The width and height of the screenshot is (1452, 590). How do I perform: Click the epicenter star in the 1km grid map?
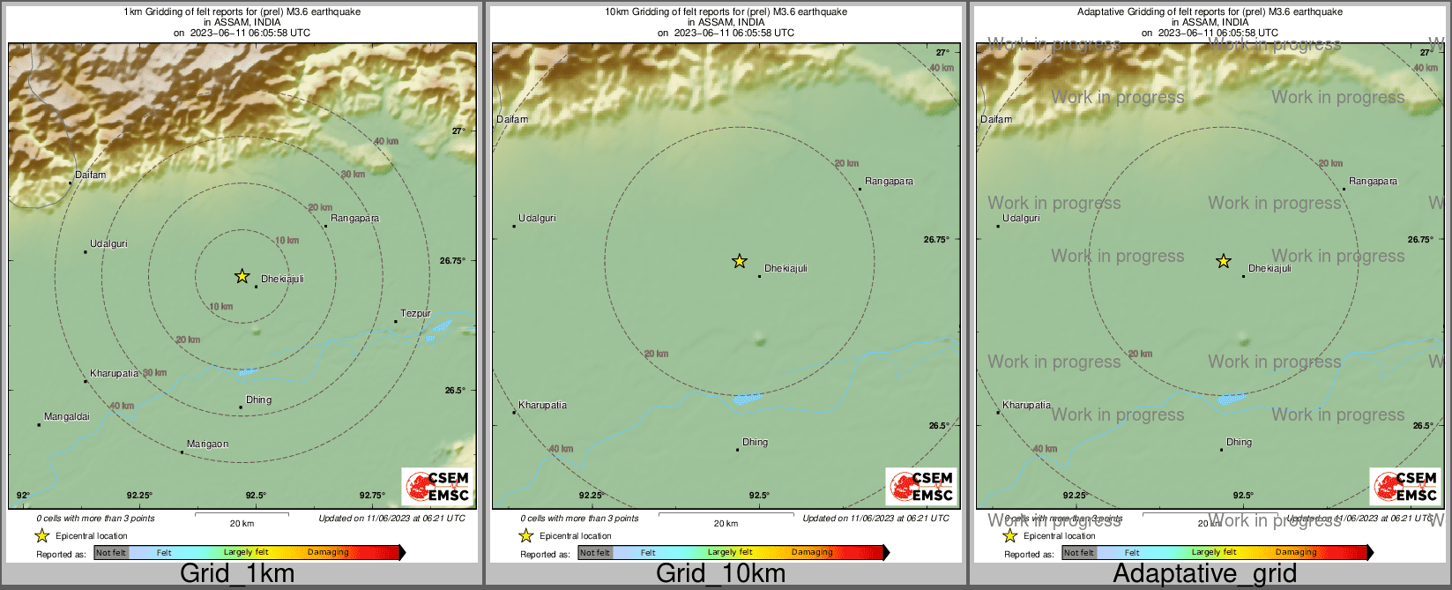click(242, 276)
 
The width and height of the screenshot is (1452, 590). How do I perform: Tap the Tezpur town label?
click(415, 314)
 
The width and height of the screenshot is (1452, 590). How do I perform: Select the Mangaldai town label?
click(67, 417)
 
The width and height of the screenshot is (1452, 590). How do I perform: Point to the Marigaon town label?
click(207, 444)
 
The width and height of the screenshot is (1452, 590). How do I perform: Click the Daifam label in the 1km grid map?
click(90, 176)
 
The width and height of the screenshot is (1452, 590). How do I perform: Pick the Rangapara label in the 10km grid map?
click(889, 182)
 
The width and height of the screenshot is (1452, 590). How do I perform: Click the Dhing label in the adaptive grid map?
click(1239, 443)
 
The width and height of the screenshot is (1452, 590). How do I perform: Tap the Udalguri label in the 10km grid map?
click(537, 219)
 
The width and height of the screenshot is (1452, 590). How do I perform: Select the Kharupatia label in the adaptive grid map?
click(1026, 406)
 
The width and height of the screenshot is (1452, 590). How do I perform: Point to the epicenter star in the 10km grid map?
click(740, 261)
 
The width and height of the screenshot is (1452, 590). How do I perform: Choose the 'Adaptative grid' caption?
click(1204, 574)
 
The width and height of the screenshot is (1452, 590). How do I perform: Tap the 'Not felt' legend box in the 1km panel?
click(111, 553)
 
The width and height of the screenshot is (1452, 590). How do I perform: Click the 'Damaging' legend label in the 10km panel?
click(812, 553)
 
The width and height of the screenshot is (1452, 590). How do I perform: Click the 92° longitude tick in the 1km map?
click(23, 496)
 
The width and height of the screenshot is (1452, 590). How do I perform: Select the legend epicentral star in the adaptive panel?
click(1009, 536)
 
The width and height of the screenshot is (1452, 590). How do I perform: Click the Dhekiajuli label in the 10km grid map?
click(785, 269)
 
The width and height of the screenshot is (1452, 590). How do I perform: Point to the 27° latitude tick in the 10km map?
click(942, 53)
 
